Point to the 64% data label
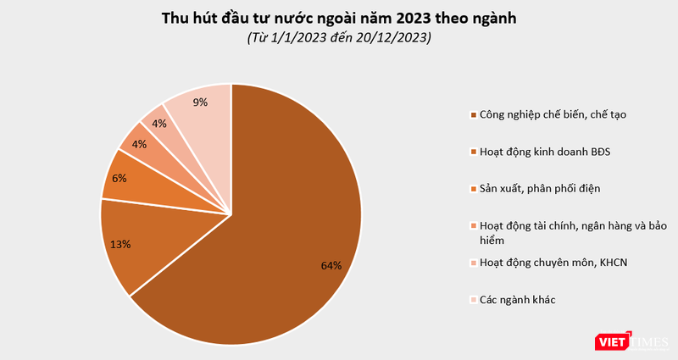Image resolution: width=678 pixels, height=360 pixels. click(x=331, y=265)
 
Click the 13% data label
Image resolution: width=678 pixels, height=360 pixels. click(x=120, y=244)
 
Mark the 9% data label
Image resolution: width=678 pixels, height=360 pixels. click(x=200, y=102)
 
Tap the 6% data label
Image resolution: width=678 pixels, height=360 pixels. click(x=119, y=178)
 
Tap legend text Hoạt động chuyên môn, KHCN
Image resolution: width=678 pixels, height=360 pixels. click(x=553, y=263)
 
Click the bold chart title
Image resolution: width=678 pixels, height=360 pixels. click(x=338, y=19)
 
